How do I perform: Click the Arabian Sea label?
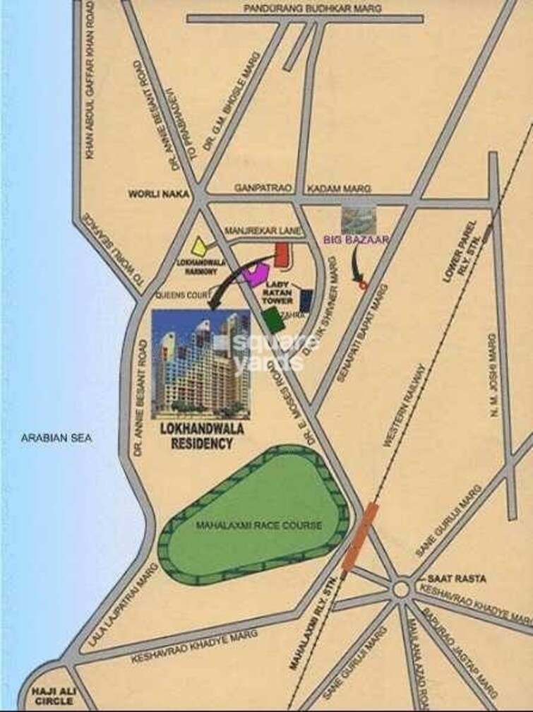pyautogui.click(x=56, y=438)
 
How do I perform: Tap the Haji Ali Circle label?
pyautogui.click(x=48, y=696)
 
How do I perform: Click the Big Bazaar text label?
pyautogui.click(x=357, y=239)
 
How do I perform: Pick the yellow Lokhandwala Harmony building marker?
pyautogui.click(x=200, y=246)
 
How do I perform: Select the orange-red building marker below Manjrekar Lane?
pyautogui.click(x=282, y=255)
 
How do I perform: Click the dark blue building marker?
pyautogui.click(x=307, y=301)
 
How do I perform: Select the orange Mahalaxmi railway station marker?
pyautogui.click(x=359, y=535)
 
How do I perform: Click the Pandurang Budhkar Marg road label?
pyautogui.click(x=311, y=8)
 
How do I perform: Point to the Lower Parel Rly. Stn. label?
pyautogui.click(x=462, y=252)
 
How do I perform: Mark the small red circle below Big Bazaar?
pyautogui.click(x=363, y=285)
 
